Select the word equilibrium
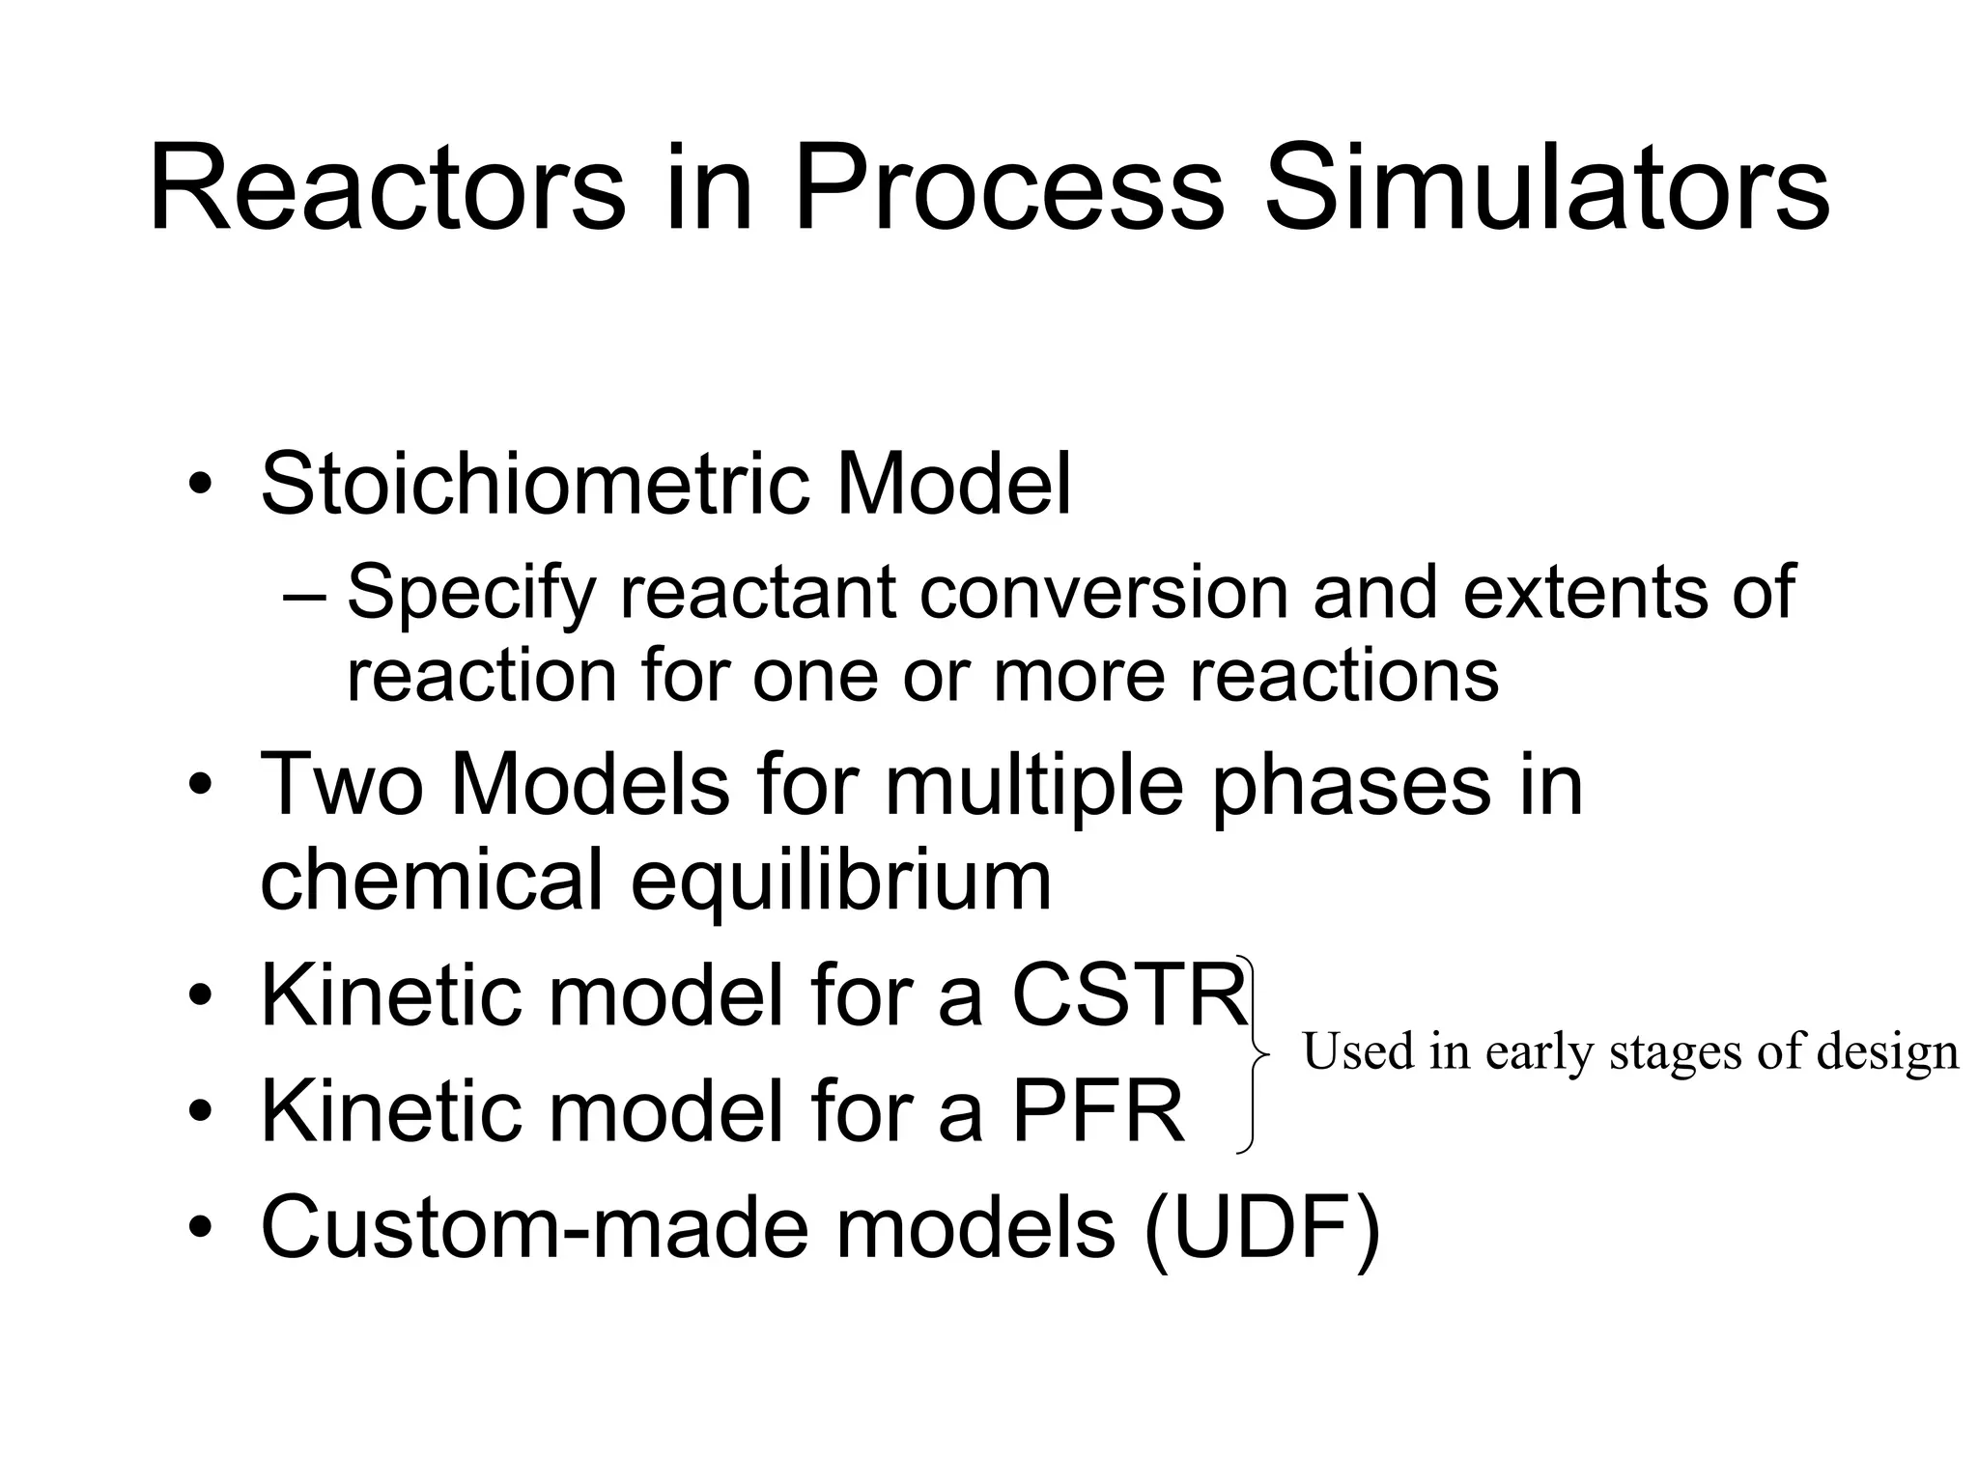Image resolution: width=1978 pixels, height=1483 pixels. pyautogui.click(x=840, y=881)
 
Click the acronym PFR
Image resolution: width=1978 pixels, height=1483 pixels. pyautogui.click(x=1097, y=1112)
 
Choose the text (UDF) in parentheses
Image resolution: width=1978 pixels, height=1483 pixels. pyautogui.click(x=1261, y=1227)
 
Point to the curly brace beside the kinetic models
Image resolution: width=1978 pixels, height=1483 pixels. pyautogui.click(x=1254, y=1053)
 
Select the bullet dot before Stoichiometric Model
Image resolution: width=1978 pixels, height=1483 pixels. pyautogui.click(x=199, y=485)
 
